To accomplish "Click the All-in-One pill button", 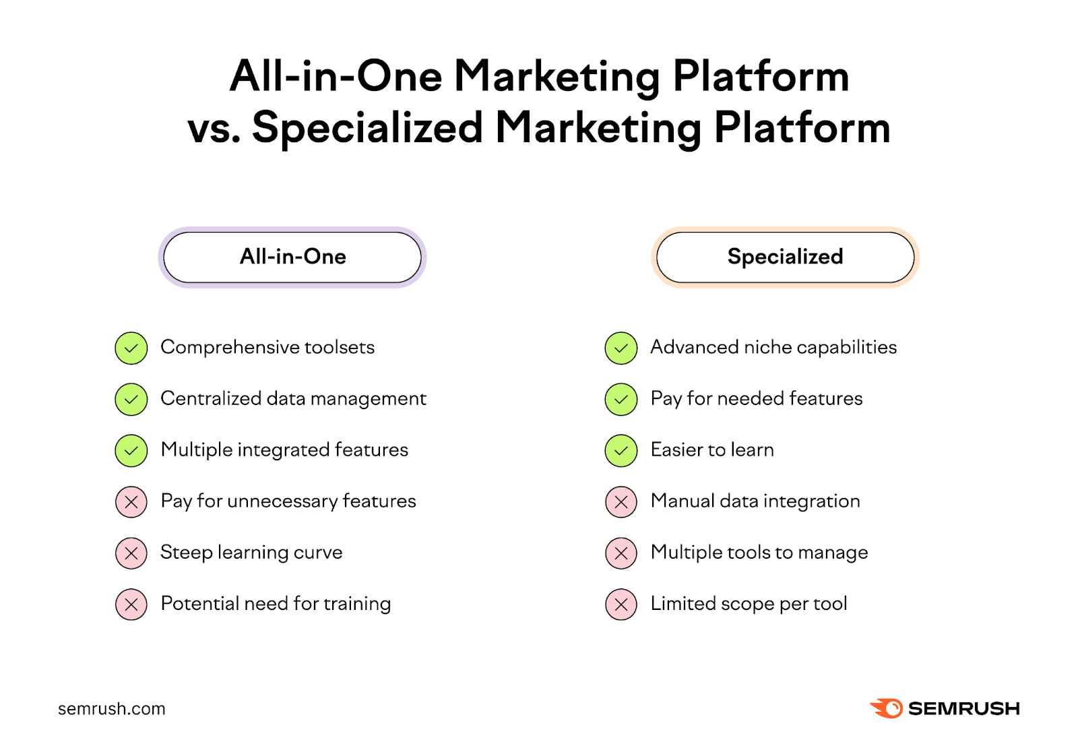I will coord(292,257).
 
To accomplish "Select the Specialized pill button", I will coord(785,257).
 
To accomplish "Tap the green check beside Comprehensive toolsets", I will coord(131,348).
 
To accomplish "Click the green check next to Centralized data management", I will coord(131,400).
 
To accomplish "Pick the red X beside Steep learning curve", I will coord(131,553).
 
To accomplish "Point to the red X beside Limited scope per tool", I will coord(621,605).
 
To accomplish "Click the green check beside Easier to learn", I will coord(621,451).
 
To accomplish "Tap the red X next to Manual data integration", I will coord(621,502).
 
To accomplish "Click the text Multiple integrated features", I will coord(284,450).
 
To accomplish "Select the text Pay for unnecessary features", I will coord(288,501).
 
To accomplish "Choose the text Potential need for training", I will coord(276,603).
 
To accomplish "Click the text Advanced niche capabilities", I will coord(773,347).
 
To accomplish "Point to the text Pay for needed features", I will coord(757,398).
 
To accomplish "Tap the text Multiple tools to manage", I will coord(759,552).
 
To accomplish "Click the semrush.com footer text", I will coord(112,708).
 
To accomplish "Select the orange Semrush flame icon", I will coord(887,708).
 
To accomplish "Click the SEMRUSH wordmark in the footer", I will coord(963,708).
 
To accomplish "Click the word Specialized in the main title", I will coord(368,128).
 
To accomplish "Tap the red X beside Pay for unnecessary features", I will coord(131,502).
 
